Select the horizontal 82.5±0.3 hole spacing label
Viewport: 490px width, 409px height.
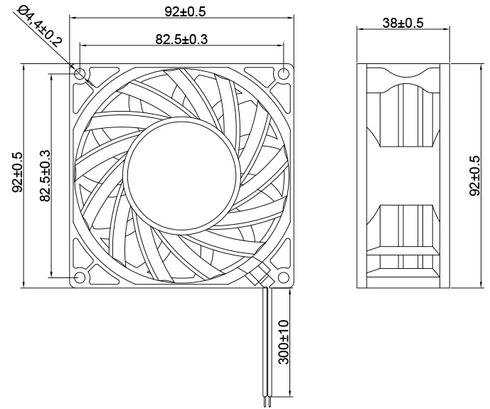point(181,39)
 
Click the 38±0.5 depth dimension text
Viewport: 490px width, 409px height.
point(403,23)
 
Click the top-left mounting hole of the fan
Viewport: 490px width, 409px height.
point(80,73)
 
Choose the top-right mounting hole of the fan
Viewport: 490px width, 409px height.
point(284,73)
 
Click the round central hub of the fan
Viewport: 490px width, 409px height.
point(181,174)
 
